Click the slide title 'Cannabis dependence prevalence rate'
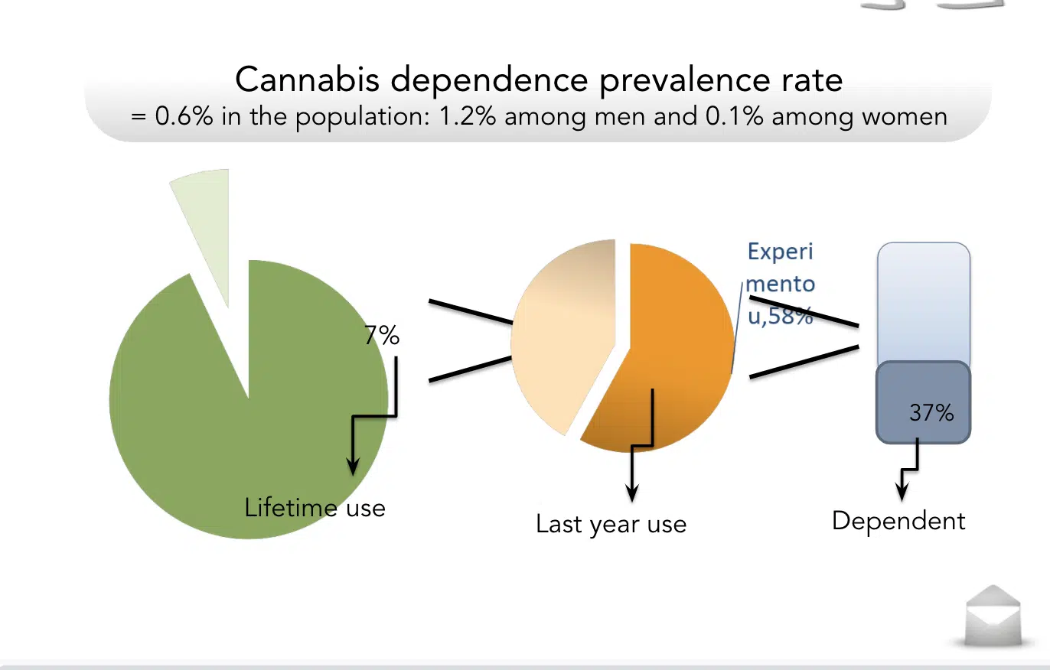click(539, 80)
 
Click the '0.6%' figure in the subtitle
click(184, 115)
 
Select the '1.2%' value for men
click(468, 115)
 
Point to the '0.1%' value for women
click(734, 115)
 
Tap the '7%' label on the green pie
click(382, 336)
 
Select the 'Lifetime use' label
click(315, 507)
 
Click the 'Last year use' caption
click(611, 524)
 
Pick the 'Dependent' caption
click(898, 521)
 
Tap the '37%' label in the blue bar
click(931, 413)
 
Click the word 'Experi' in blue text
click(780, 252)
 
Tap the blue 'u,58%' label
click(780, 316)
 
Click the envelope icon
click(993, 616)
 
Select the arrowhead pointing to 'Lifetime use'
click(353, 467)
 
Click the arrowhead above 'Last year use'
click(632, 493)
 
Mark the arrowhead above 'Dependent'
click(902, 492)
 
